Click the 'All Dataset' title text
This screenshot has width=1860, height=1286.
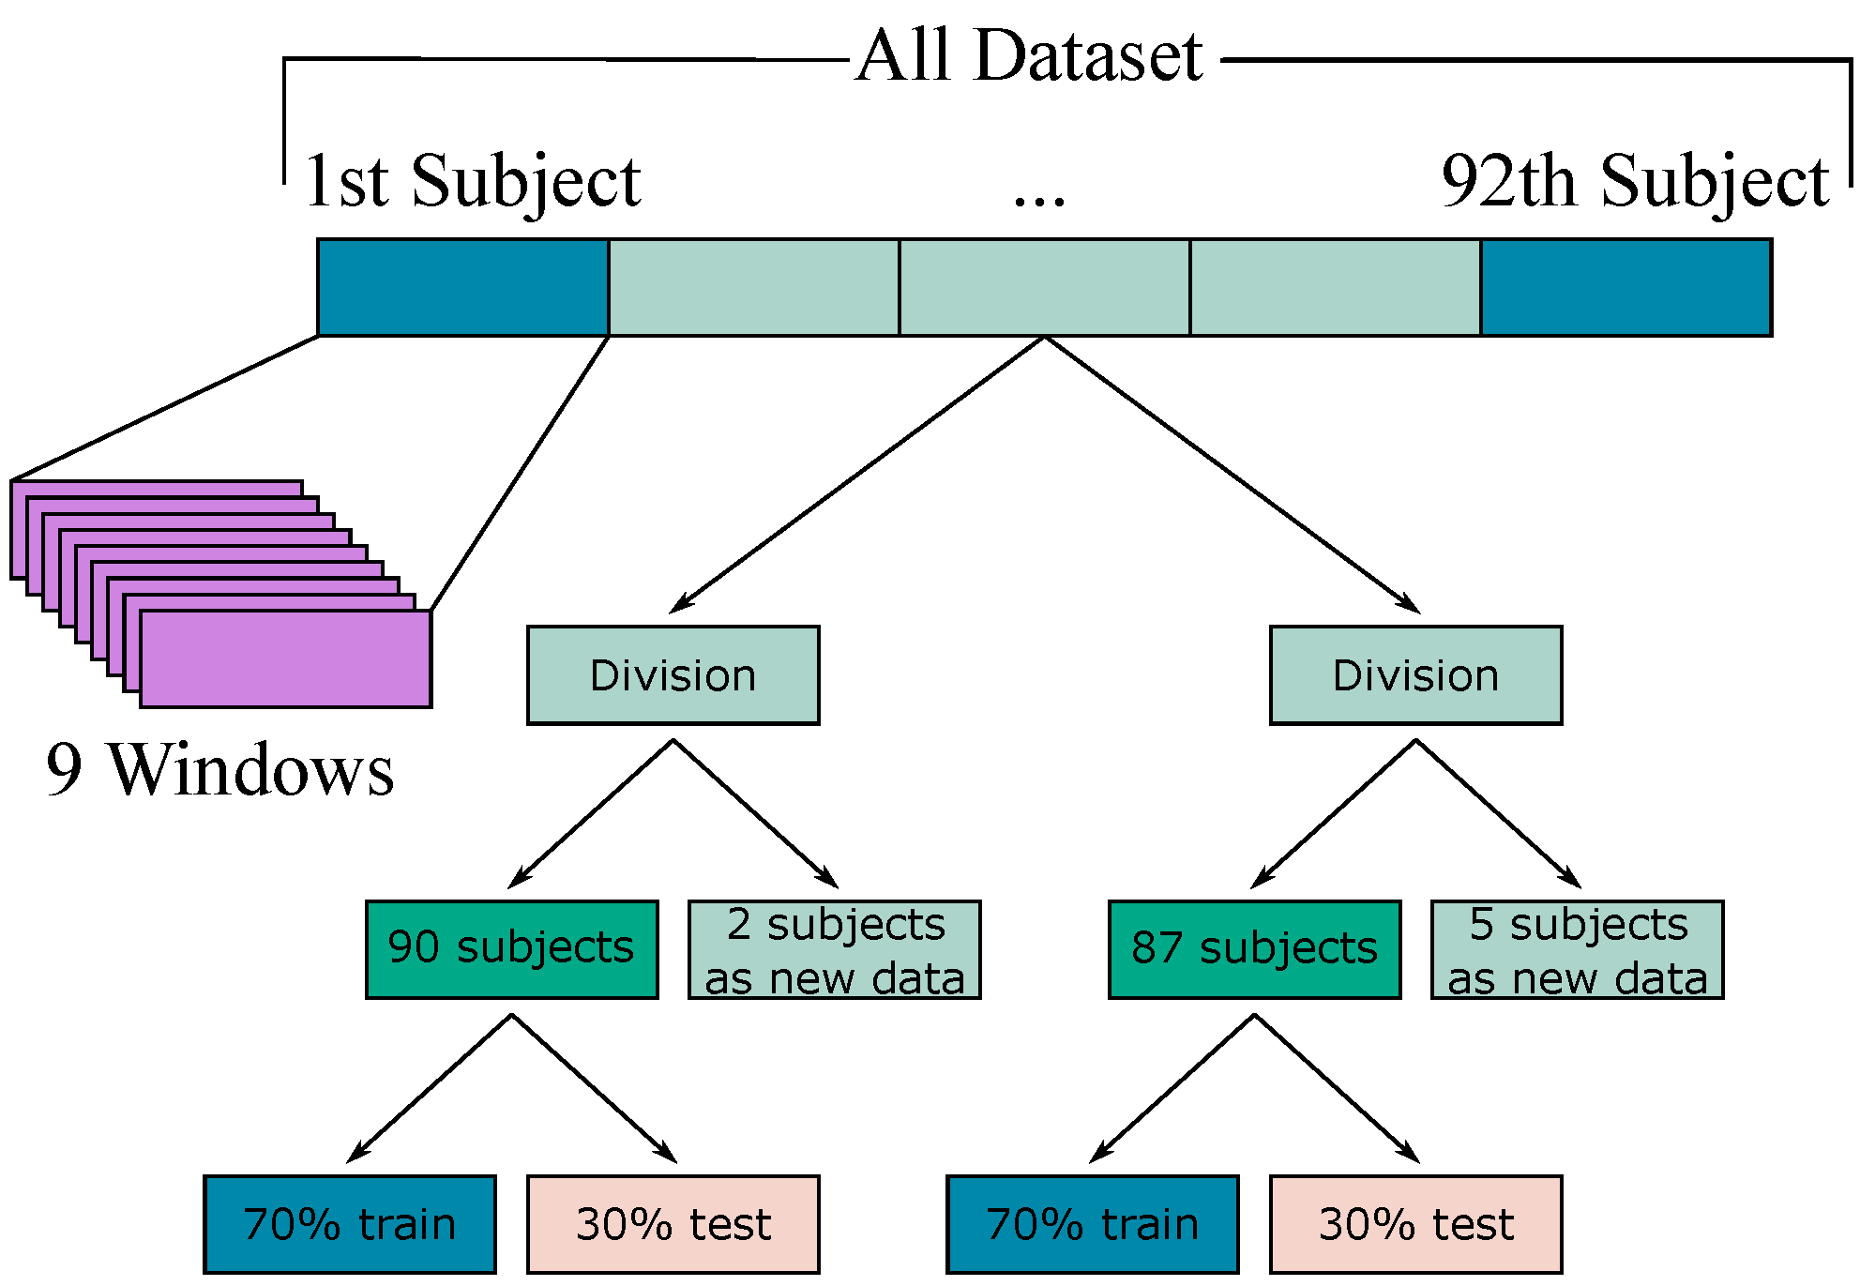[x=1029, y=56]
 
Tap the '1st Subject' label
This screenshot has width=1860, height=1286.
[x=473, y=181]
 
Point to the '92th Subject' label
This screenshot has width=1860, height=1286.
[x=1635, y=181]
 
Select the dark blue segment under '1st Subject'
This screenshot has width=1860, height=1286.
[x=463, y=288]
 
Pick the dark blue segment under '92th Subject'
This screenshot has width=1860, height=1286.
[x=1626, y=288]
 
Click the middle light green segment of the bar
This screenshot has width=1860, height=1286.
[x=1044, y=288]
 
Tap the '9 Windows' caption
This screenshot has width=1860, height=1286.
[x=220, y=771]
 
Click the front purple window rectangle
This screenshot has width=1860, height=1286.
[x=286, y=659]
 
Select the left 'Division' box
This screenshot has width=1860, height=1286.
[x=673, y=675]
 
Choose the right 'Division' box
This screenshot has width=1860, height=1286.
[x=1415, y=675]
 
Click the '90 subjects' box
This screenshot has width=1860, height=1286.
[x=511, y=949]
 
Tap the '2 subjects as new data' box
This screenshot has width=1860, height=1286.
[x=834, y=949]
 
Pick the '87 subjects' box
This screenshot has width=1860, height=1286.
[x=1254, y=949]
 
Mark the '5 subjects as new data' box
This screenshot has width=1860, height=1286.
[x=1577, y=949]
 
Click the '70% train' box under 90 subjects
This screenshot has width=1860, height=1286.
[x=350, y=1224]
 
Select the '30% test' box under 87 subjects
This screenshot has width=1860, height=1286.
[x=1415, y=1224]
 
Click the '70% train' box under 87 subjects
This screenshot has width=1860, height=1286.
[x=1093, y=1224]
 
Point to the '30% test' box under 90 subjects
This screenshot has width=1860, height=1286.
[x=673, y=1224]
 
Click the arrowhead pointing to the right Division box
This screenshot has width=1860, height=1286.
[x=1410, y=604]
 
